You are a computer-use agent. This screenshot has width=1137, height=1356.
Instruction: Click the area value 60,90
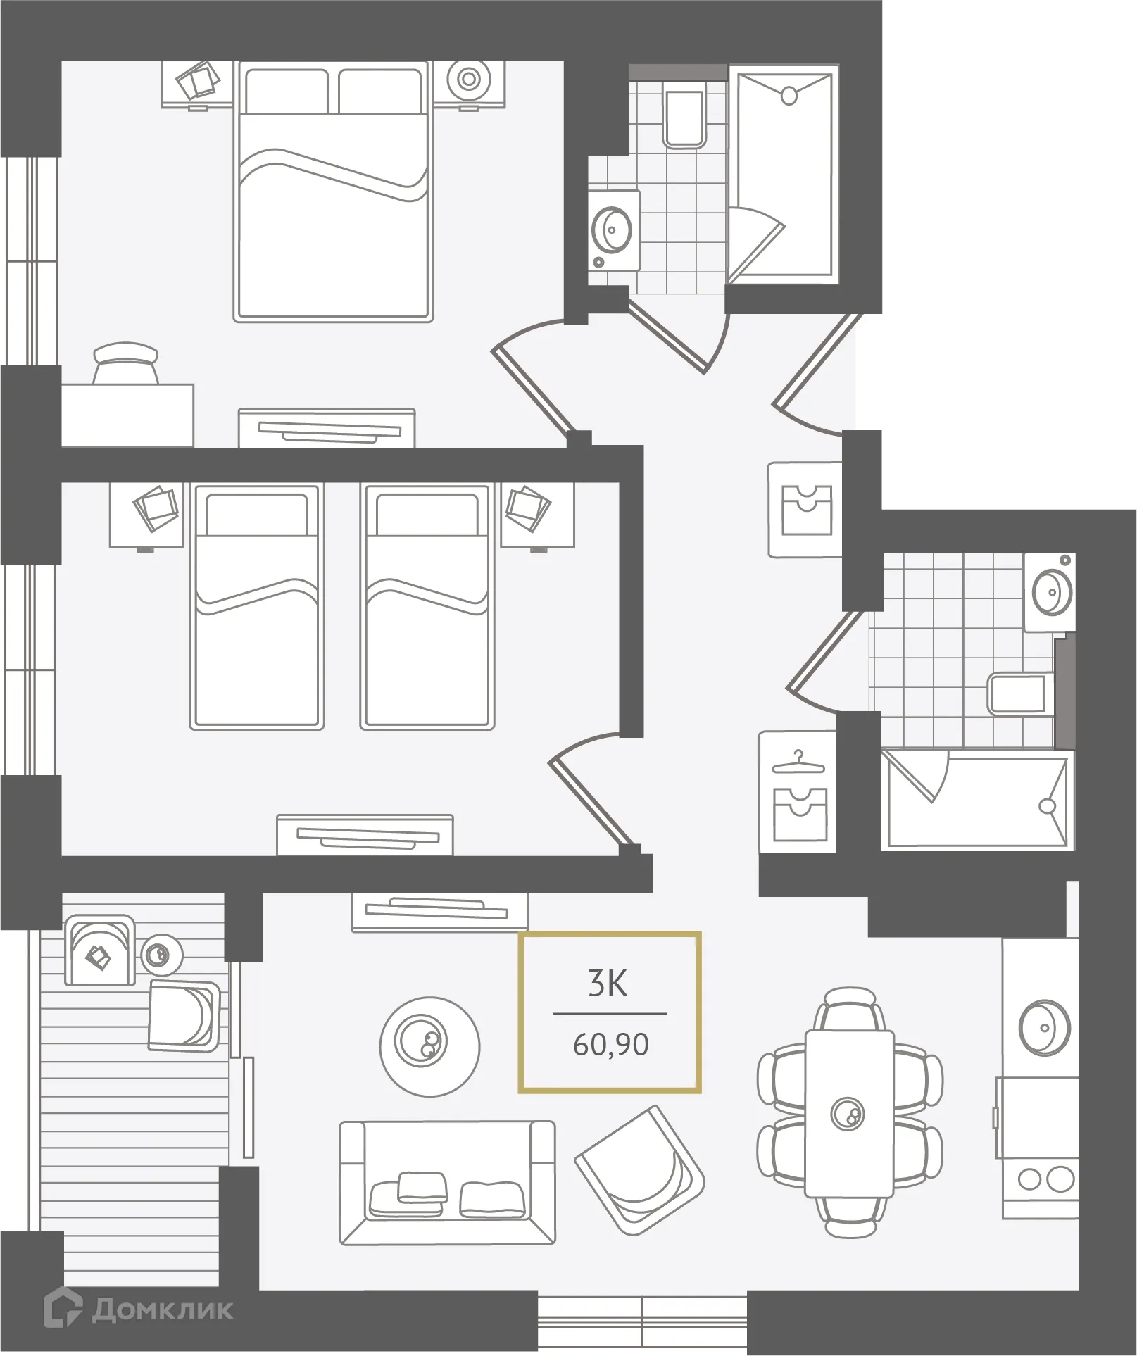tap(610, 1045)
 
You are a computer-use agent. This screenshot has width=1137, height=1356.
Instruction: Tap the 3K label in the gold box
tap(608, 984)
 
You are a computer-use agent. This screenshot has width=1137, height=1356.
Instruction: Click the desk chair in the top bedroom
tap(126, 364)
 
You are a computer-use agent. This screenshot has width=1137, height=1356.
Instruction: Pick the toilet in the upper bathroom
tap(684, 118)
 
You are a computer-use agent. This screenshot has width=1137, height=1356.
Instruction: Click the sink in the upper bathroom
tap(612, 230)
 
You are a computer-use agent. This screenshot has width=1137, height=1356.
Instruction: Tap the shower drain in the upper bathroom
tap(789, 95)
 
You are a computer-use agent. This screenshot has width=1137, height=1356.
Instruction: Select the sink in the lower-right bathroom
tap(1051, 590)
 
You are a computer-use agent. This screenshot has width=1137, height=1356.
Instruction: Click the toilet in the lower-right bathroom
tap(1019, 695)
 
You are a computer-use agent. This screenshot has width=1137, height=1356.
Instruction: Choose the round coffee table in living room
tap(429, 1046)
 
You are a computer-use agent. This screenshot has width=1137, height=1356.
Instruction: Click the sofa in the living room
tap(447, 1183)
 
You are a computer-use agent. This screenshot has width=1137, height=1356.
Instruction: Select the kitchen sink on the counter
tap(1045, 1028)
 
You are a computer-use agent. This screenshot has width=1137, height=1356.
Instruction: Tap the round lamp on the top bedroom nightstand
tap(469, 79)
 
